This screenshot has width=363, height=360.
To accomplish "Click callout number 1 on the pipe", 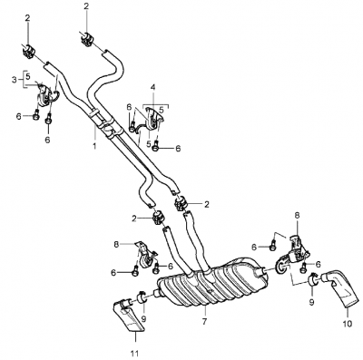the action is pos(94,147).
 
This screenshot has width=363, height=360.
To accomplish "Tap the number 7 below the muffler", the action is pos(204,321).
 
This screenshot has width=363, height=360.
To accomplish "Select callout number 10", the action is pos(348,324).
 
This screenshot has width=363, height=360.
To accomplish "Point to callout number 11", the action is pos(135,353).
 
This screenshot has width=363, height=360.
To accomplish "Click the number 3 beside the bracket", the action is pos(15,80).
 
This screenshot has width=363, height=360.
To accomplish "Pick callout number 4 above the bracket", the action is pos(152,88).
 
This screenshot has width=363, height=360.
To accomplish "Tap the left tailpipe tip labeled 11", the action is pos(129,315).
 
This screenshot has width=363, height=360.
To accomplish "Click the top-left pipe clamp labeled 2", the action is pos(29,51).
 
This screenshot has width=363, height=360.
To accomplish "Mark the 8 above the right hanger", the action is pos(297,216).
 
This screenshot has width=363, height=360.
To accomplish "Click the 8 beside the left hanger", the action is pos(117,244).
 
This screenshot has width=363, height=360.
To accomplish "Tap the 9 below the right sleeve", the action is pos(312,301).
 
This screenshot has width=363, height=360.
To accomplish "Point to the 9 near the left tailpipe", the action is pos(143,318).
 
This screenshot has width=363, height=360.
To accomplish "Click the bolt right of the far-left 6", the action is pos(36,116).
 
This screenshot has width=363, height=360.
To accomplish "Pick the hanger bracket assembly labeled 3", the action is pos(46,94).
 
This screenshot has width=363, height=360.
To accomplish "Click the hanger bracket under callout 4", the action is pos(150,121).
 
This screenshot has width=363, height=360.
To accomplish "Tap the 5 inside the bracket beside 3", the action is pos(28,75).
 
